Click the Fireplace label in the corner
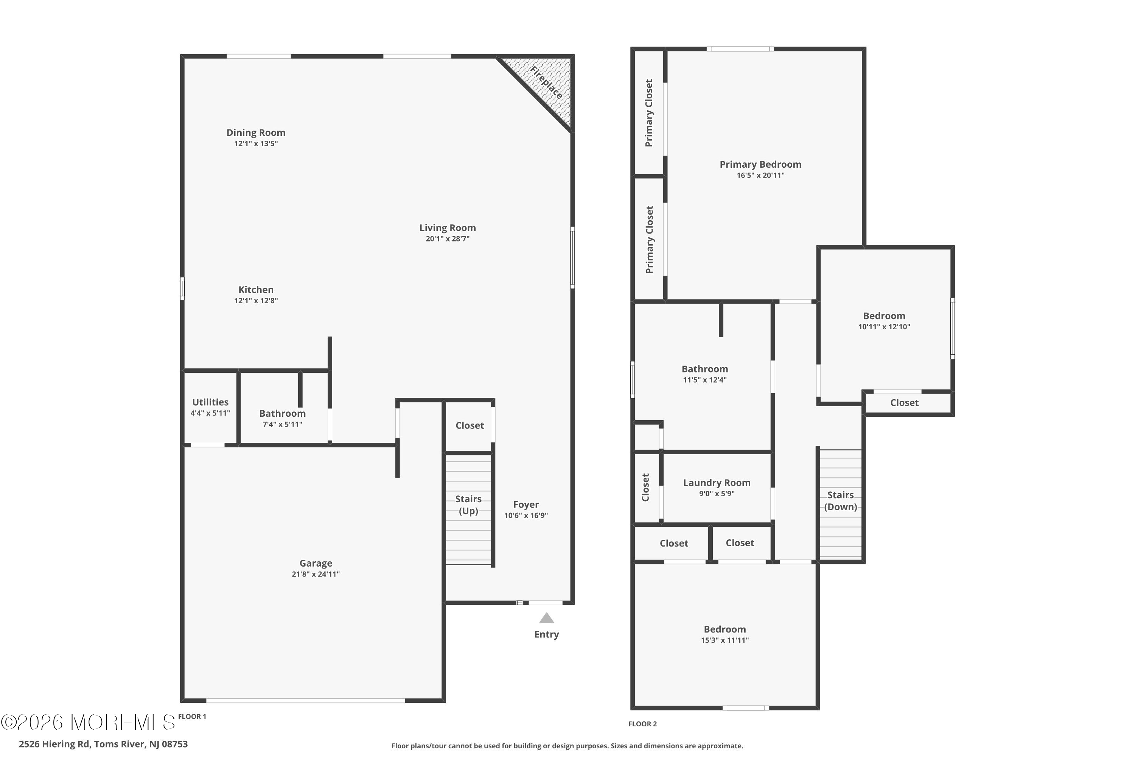point(546,83)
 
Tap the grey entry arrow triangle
point(546,618)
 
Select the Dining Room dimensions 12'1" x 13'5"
point(256,143)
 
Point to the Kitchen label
point(256,290)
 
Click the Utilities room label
point(210,402)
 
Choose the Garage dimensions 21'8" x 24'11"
point(316,574)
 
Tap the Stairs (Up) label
point(469,505)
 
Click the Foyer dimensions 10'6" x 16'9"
point(526,516)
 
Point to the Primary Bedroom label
point(760,165)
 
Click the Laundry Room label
point(717,483)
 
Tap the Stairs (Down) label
point(841,501)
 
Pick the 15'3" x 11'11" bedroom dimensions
point(725,640)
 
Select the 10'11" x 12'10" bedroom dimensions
point(884,327)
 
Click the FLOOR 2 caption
point(642,724)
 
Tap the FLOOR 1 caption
point(192,717)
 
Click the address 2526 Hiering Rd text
point(103,744)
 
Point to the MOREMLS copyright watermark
point(88,722)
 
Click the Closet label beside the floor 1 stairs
point(470,425)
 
